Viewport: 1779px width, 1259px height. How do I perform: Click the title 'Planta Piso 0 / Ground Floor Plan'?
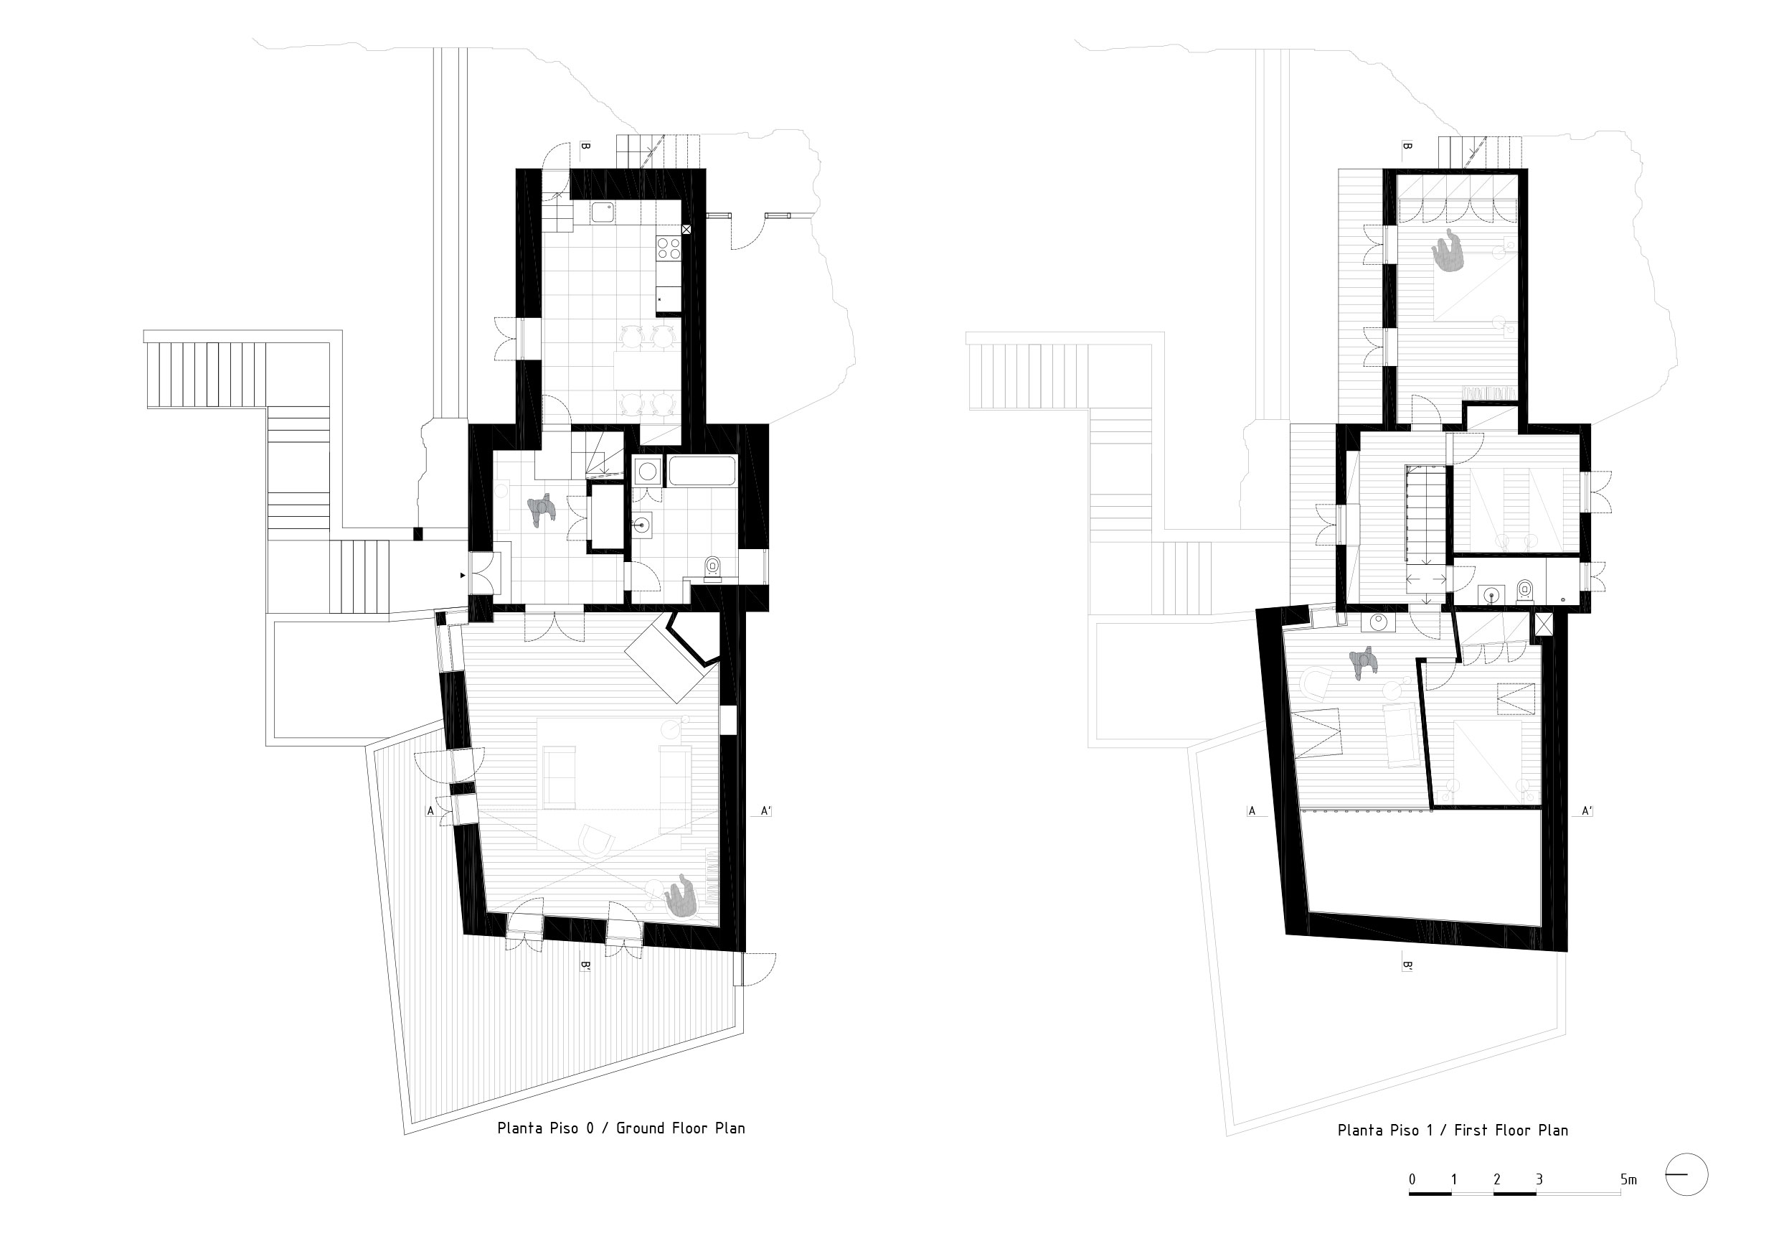pyautogui.click(x=620, y=1128)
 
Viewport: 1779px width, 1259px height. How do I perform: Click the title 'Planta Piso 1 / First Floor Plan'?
pyautogui.click(x=1453, y=1131)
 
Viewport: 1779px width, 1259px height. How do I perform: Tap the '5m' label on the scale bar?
pyautogui.click(x=1628, y=1179)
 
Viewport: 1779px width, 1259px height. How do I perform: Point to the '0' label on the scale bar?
pyautogui.click(x=1412, y=1179)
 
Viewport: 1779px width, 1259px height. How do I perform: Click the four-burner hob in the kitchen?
pyautogui.click(x=669, y=248)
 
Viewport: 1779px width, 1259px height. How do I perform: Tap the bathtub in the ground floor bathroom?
pyautogui.click(x=702, y=472)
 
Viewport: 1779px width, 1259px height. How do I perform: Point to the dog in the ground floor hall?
pyautogui.click(x=542, y=510)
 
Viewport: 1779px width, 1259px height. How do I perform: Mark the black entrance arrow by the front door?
pyautogui.click(x=463, y=575)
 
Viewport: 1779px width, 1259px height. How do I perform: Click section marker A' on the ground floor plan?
pyautogui.click(x=765, y=811)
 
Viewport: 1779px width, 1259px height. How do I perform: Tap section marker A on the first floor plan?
pyautogui.click(x=1251, y=811)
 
